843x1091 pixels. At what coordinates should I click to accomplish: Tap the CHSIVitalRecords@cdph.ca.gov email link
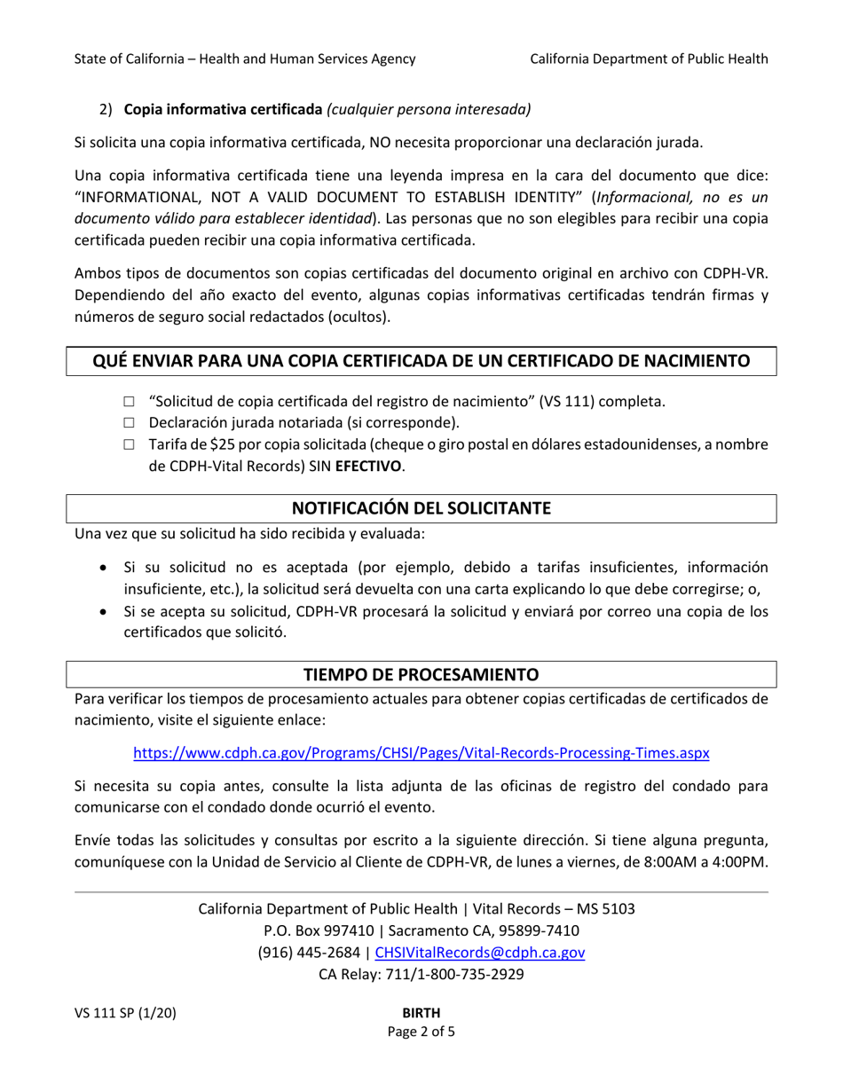point(480,953)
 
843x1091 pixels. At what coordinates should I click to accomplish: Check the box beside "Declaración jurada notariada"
point(130,422)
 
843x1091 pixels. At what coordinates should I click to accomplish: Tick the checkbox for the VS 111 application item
point(130,401)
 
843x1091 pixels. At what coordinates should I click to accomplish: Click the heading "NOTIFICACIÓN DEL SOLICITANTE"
point(421,508)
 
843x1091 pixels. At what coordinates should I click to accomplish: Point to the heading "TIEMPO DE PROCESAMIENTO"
point(421,673)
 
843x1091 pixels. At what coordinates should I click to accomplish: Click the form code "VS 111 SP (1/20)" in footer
point(124,1013)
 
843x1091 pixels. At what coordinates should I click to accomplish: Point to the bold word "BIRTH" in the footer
point(421,1013)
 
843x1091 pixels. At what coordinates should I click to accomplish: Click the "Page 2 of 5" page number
point(421,1032)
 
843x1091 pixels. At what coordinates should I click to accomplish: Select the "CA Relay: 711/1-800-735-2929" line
point(421,974)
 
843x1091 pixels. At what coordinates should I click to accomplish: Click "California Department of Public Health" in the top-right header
point(649,59)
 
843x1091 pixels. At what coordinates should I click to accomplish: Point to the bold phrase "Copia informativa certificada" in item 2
point(223,110)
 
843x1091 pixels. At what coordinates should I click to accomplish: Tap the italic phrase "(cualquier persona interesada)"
point(429,110)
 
